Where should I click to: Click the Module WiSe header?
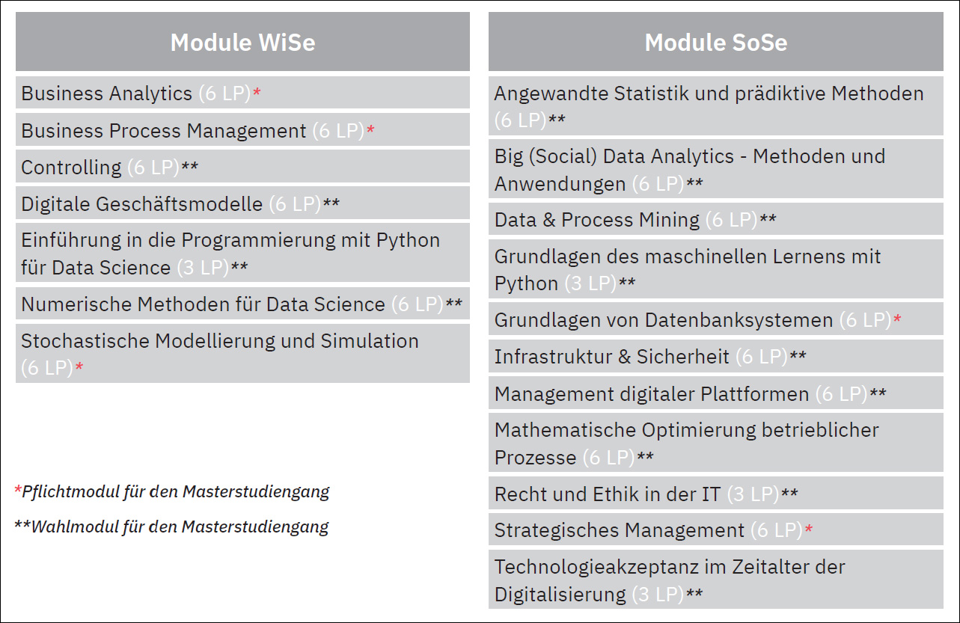click(x=242, y=42)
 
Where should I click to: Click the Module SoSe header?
click(x=716, y=42)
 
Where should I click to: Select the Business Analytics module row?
click(x=242, y=93)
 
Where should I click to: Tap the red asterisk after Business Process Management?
click(x=370, y=129)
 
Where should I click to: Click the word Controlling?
click(x=71, y=167)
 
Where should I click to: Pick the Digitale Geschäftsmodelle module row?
click(x=242, y=203)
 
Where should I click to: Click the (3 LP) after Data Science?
click(x=203, y=268)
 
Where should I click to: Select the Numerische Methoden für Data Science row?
click(x=242, y=304)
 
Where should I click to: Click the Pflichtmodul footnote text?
click(x=171, y=492)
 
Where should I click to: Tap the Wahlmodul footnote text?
click(x=171, y=527)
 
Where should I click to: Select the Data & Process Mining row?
click(x=716, y=219)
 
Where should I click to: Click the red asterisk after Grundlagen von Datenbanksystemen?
click(x=897, y=319)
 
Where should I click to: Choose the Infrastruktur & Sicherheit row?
click(x=716, y=356)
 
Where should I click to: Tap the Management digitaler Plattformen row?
click(x=716, y=393)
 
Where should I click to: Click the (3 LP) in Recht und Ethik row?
click(x=753, y=494)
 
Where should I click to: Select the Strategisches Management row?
click(x=716, y=530)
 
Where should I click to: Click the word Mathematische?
click(x=564, y=430)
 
